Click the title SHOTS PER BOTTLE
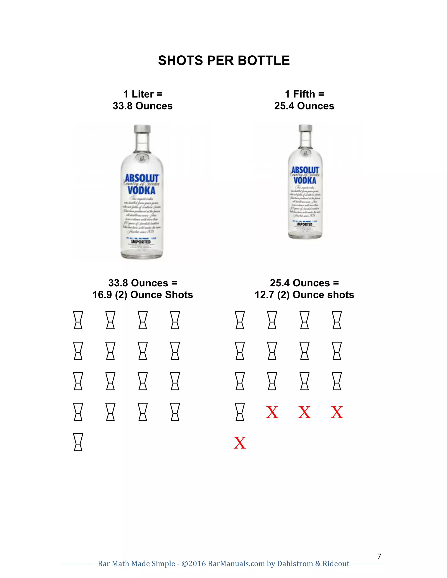pyautogui.click(x=224, y=61)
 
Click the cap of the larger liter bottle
pyautogui.click(x=142, y=129)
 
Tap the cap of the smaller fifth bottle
pyautogui.click(x=306, y=128)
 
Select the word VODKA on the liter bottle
pyautogui.click(x=141, y=190)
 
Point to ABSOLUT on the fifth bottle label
pyautogui.click(x=305, y=170)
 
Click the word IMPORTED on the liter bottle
pyautogui.click(x=141, y=242)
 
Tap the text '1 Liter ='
pyautogui.click(x=143, y=94)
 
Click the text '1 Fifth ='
pyautogui.click(x=304, y=94)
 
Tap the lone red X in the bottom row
pyautogui.click(x=240, y=443)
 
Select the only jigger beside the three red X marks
pyautogui.click(x=240, y=412)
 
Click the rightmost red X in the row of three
pyautogui.click(x=337, y=412)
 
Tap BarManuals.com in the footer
pyautogui.click(x=236, y=563)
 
